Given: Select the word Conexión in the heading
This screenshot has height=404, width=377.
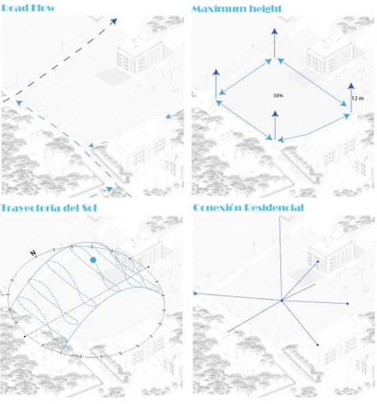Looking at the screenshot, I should coord(220,207).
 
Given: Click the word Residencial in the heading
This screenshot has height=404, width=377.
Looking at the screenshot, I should coord(277,207).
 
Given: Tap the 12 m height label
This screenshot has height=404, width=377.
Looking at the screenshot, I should coord(358,98).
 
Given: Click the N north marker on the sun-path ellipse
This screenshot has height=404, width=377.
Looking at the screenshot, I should coord(34,253).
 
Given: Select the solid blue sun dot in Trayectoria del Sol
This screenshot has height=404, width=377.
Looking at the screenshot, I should coord(93,260).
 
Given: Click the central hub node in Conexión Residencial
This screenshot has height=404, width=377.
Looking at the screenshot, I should coord(282,300).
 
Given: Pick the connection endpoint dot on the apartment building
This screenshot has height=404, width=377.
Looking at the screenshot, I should coord(317,261).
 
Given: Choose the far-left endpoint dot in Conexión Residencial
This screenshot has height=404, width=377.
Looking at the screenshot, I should coord(195,293).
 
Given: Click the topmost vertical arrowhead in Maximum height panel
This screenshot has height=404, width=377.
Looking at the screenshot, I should coord(275,32).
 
